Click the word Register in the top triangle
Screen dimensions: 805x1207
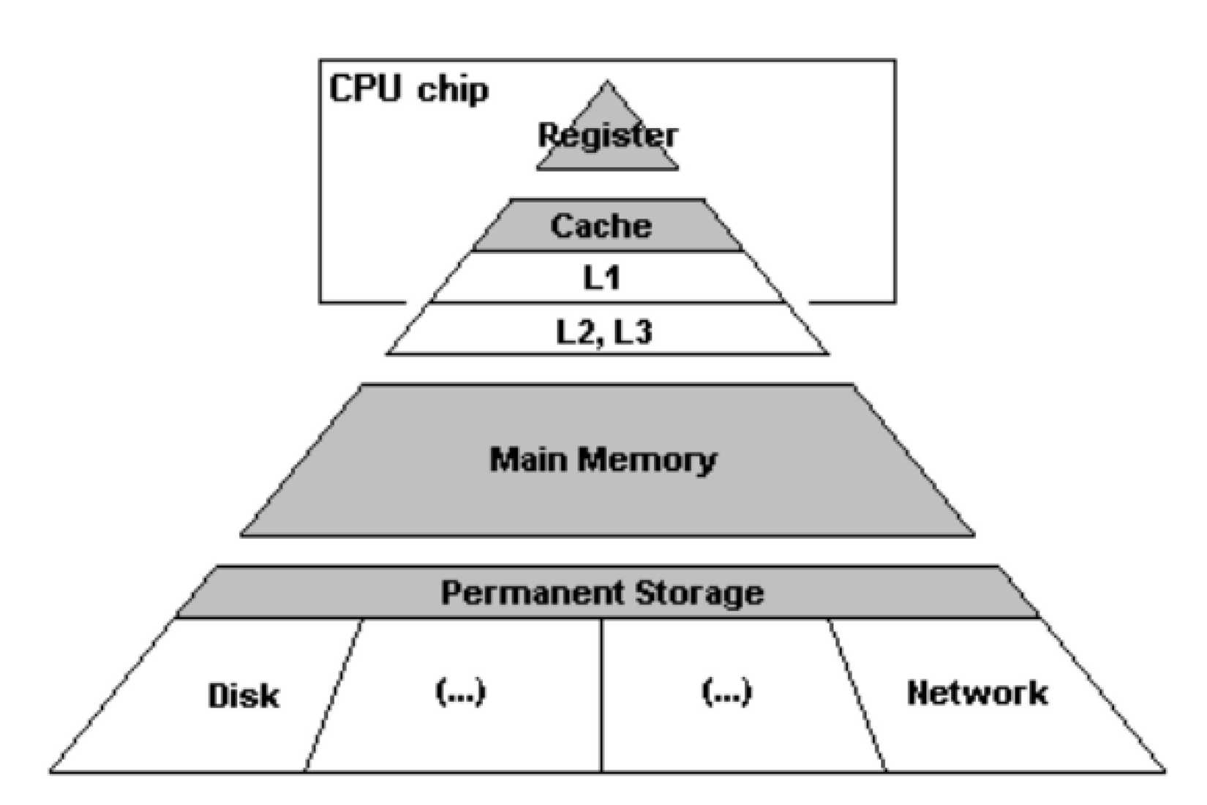click(607, 136)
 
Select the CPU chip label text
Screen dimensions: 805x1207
click(408, 89)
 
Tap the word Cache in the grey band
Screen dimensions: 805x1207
click(601, 225)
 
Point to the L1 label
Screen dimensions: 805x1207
click(602, 278)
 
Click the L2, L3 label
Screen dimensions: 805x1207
click(603, 332)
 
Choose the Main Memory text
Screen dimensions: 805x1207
click(603, 460)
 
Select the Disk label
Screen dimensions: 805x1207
click(244, 695)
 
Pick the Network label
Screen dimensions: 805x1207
click(977, 692)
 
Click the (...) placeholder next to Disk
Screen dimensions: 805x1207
click(460, 692)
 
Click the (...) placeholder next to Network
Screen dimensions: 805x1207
click(726, 692)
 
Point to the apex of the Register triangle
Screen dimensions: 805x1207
click(606, 83)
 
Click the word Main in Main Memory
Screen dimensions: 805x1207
click(528, 460)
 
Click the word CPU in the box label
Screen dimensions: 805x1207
click(365, 89)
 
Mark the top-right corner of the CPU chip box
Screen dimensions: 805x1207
click(895, 61)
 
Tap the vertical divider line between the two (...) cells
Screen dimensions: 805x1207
click(601, 695)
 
